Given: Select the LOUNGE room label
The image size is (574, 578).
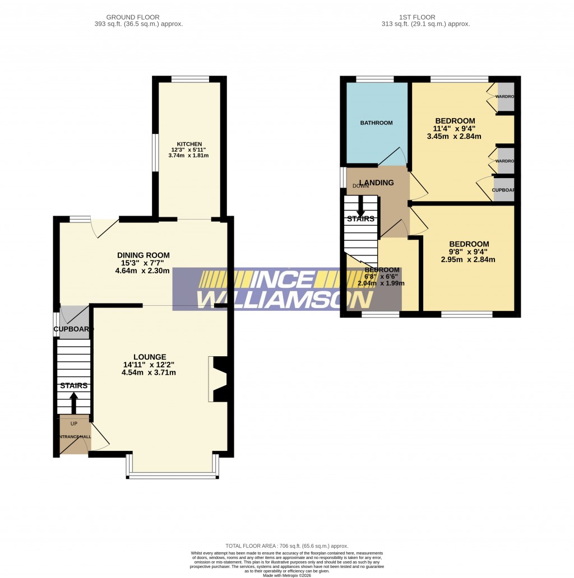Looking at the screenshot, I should point(149,357).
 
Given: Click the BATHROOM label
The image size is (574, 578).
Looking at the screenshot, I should point(376,123).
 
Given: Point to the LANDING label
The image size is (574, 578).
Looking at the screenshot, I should point(376,183).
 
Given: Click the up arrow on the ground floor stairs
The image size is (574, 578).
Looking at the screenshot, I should point(73,402).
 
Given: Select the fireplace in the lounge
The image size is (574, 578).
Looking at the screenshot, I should point(217,379).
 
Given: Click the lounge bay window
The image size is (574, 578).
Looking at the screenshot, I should point(172,476).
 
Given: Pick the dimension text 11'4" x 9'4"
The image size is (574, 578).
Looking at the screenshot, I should point(455,129).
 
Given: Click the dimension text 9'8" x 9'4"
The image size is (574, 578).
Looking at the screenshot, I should point(469,252).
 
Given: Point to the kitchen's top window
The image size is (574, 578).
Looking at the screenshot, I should point(190,80).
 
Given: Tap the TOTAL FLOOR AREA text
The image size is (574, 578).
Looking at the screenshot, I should point(286,546).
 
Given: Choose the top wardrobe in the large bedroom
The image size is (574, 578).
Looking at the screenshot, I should point(505,97).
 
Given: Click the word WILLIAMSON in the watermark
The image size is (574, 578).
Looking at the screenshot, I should point(286,300).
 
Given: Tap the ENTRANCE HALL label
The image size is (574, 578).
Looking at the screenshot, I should point(73,436).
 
